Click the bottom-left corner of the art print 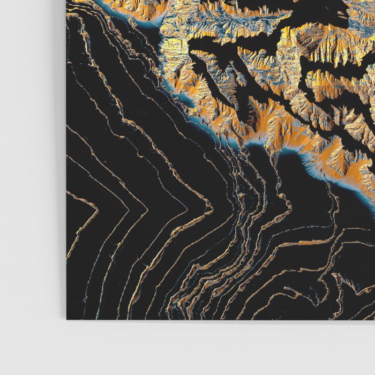click(x=67, y=319)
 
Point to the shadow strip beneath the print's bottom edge click(x=214, y=322)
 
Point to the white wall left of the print click(x=32, y=161)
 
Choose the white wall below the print click(x=214, y=348)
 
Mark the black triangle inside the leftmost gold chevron click(x=78, y=214)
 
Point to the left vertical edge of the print click(x=67, y=161)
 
